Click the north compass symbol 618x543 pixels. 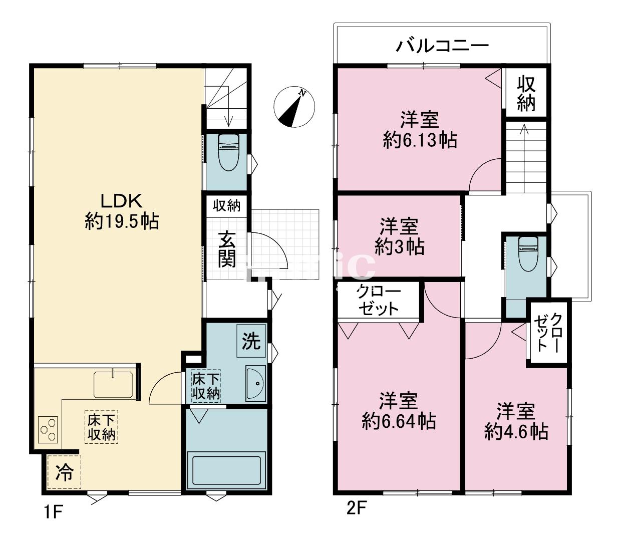pos(294,107)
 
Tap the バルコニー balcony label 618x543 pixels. pos(442,47)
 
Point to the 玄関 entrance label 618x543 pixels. pos(227,249)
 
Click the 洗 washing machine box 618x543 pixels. pos(251,341)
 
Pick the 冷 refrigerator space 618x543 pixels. pos(65,472)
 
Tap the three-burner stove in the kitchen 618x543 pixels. pos(48,429)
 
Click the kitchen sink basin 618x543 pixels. pos(113,384)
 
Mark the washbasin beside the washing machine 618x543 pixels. pos(255,383)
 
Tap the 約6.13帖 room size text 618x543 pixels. pos(420,140)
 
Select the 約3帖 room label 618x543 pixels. pos(399,246)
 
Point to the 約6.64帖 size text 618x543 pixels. pos(399,422)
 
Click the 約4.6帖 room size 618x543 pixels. pos(516,432)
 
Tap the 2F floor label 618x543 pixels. pos(356,508)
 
